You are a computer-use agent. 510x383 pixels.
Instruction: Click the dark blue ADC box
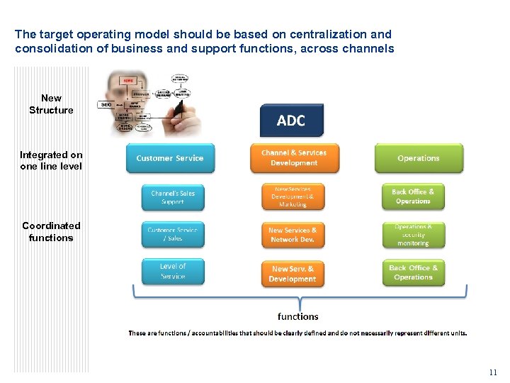291,121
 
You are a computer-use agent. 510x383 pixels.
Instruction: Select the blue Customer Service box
169,158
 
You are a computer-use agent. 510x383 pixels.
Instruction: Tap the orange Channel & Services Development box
294,158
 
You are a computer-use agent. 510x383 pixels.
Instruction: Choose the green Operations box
418,158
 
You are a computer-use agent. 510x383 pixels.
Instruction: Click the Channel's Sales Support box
172,197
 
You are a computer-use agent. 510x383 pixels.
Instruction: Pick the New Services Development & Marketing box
293,197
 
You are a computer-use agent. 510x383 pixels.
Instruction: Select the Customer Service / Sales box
172,235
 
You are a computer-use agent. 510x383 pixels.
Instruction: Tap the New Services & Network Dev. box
293,235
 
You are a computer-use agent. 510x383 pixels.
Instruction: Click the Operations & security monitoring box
413,235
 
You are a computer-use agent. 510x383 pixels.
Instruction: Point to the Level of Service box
172,272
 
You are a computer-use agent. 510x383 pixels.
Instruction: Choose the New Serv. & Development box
293,273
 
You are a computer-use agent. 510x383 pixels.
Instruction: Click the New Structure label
51,104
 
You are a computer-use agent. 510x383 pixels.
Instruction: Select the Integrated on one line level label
51,160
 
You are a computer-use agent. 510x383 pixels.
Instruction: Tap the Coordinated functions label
51,231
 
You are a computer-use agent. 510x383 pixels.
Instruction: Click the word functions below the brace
297,316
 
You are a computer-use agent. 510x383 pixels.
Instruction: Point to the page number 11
493,372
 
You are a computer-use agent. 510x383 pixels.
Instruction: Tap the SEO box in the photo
106,104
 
